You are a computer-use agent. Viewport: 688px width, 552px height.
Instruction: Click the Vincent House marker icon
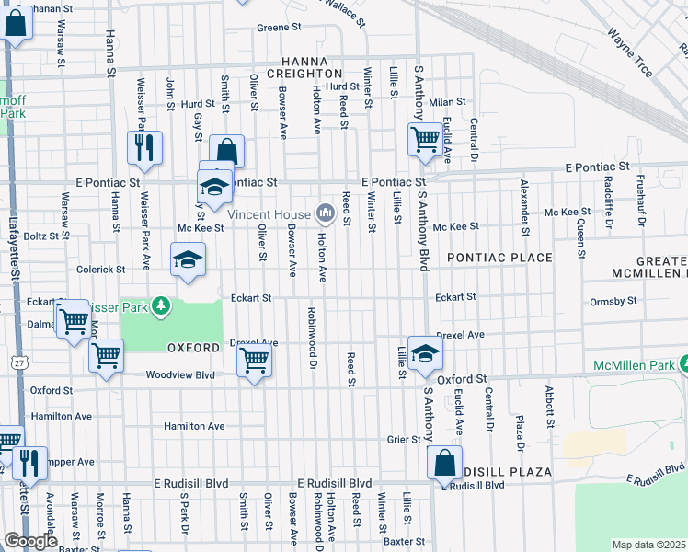(x=325, y=214)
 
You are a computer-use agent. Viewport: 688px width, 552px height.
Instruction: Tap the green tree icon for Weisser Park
(x=162, y=304)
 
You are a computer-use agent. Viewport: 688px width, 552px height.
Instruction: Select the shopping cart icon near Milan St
(x=424, y=140)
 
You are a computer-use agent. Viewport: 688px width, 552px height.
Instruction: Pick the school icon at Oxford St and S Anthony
(x=424, y=354)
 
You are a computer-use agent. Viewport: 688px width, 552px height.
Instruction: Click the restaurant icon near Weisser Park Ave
(x=144, y=147)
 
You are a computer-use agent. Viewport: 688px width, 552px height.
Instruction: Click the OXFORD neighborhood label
(x=193, y=348)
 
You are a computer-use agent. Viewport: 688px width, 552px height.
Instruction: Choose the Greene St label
(x=279, y=28)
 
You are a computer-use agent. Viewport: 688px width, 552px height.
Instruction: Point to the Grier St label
(x=403, y=440)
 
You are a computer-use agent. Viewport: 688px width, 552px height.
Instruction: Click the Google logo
(x=30, y=541)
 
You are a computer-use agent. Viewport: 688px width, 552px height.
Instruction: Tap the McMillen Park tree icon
(x=683, y=365)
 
